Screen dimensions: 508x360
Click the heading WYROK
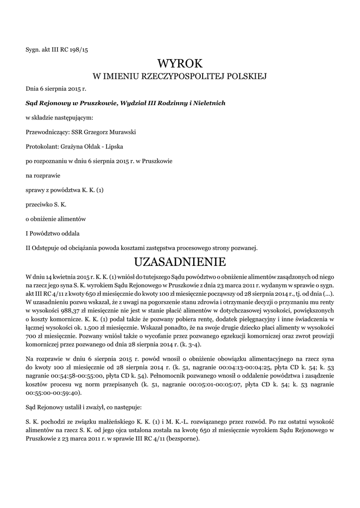tap(180, 63)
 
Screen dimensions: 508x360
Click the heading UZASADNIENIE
tap(180, 261)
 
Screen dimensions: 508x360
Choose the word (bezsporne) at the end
tap(184, 440)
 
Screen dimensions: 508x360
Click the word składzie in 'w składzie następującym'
tap(43, 118)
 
